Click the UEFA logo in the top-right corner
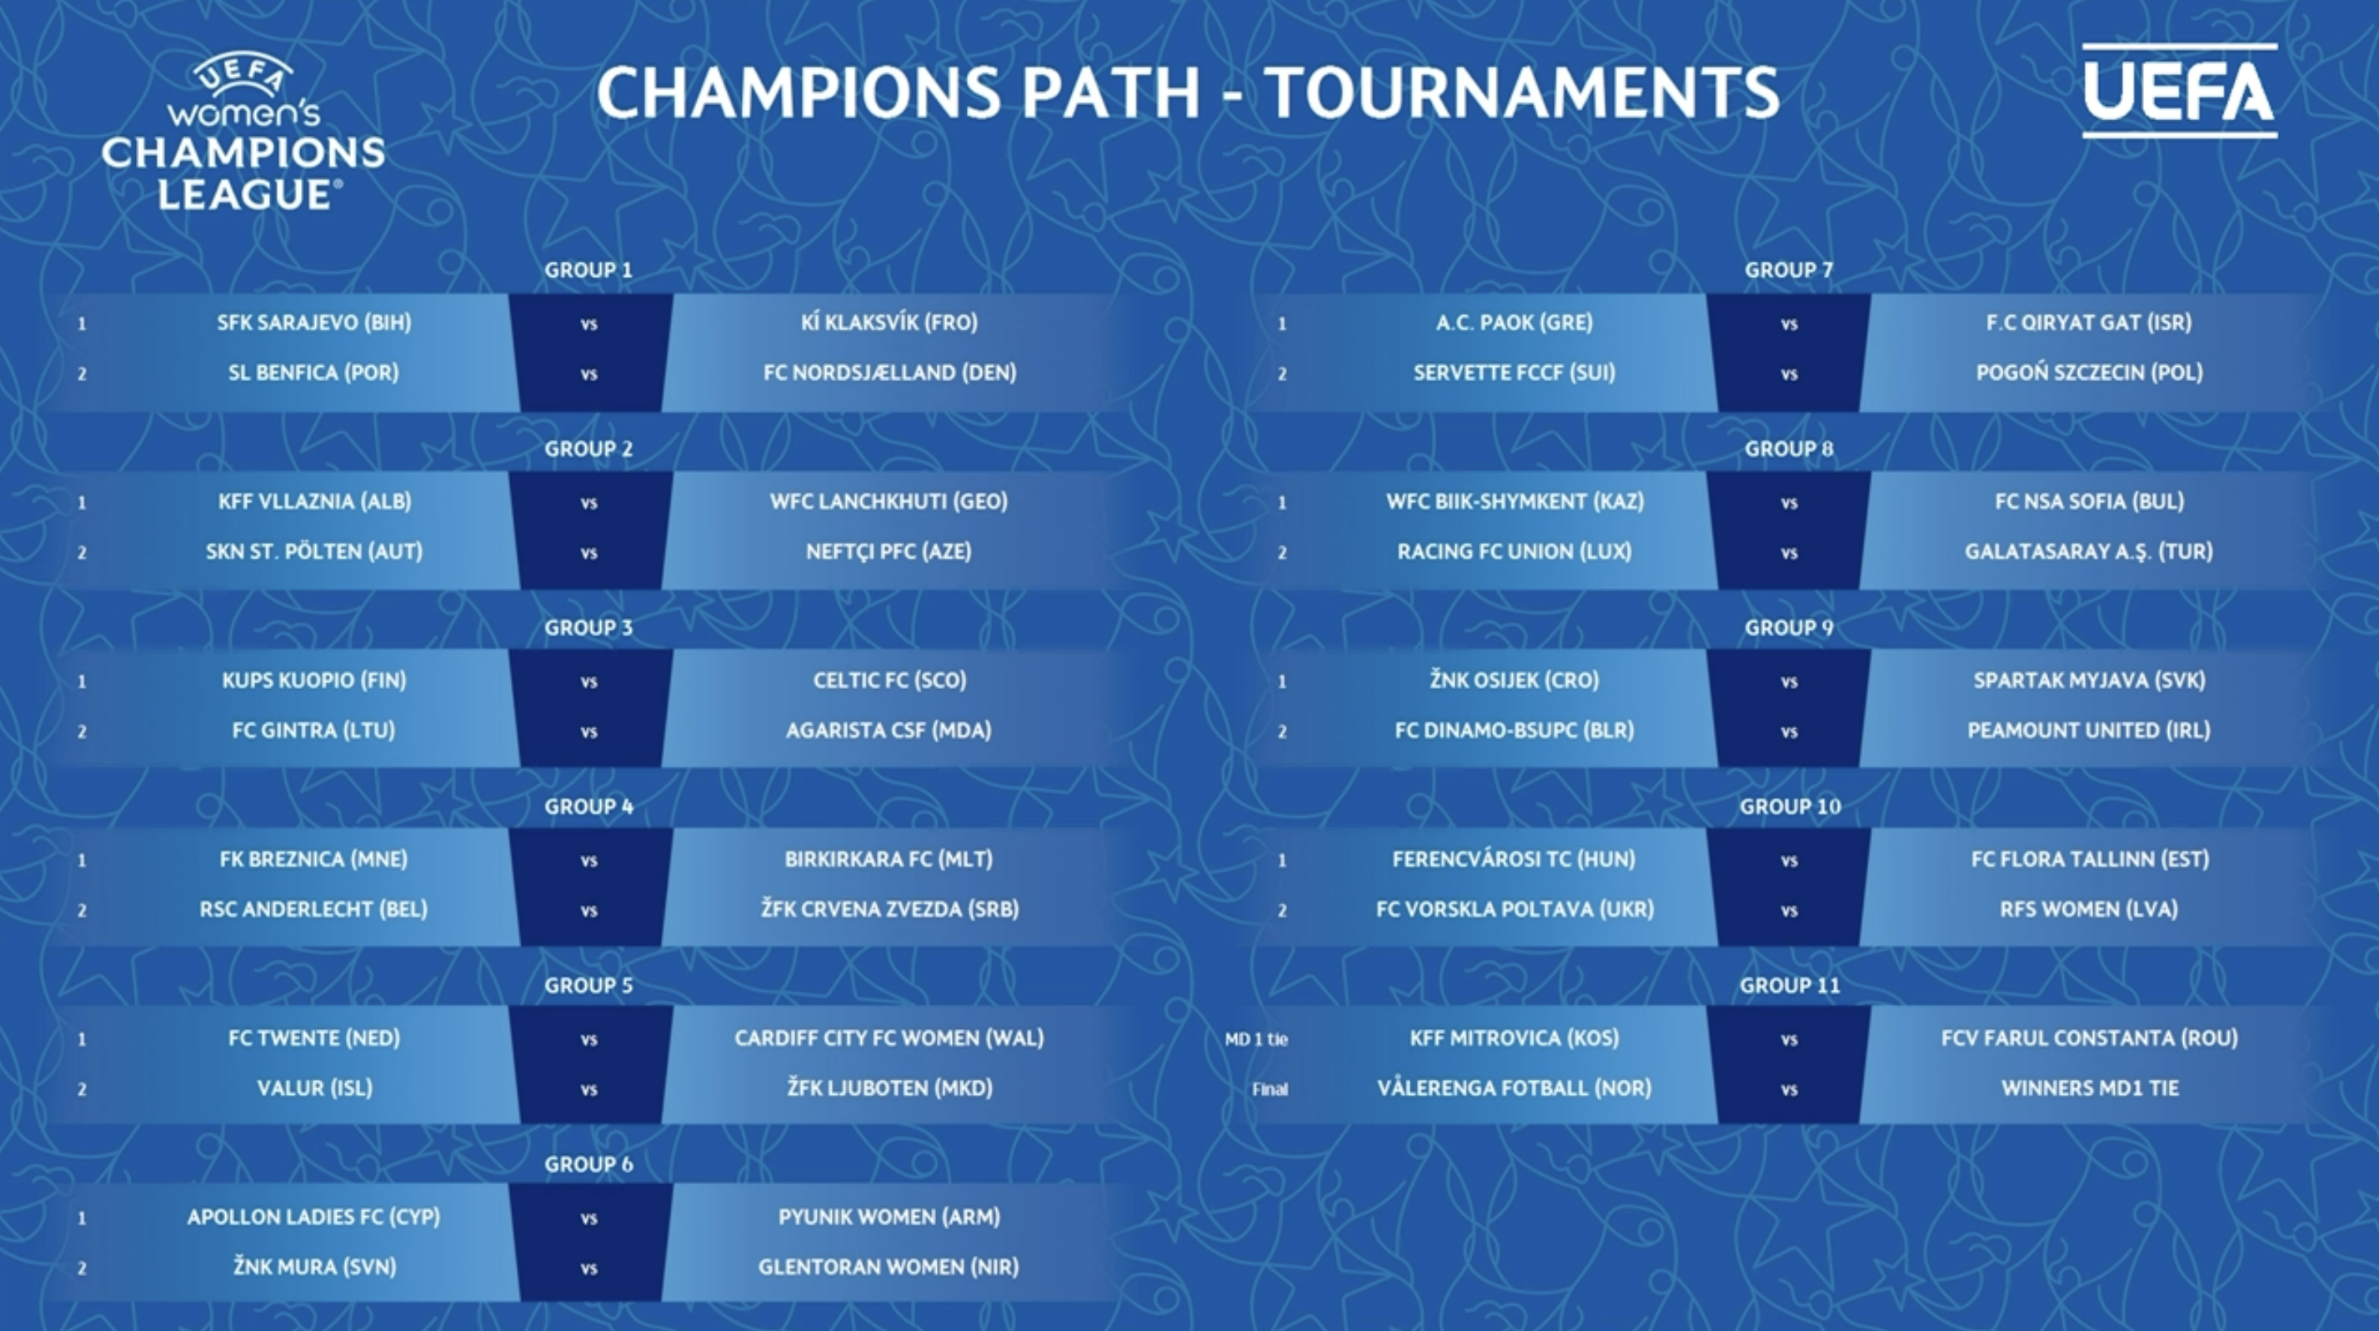pos(2180,91)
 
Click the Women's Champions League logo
pos(243,132)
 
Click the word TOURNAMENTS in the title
pos(1521,93)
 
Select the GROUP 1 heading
pos(588,269)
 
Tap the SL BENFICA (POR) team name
pos(314,372)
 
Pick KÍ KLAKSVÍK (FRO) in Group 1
pos(889,323)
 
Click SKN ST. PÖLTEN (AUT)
pos(314,551)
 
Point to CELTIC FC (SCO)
pos(889,680)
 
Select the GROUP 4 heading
pos(588,806)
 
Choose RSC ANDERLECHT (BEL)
pos(314,909)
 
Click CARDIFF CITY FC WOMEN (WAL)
pos(889,1038)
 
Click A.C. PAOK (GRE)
pos(1515,323)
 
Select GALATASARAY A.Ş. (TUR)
pos(2089,551)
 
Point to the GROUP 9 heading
pos(1789,627)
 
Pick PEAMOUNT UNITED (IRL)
pos(2089,730)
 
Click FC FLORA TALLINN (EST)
pos(2090,859)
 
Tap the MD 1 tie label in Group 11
pos(1256,1039)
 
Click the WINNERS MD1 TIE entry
pos(2090,1088)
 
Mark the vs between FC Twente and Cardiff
pos(589,1040)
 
